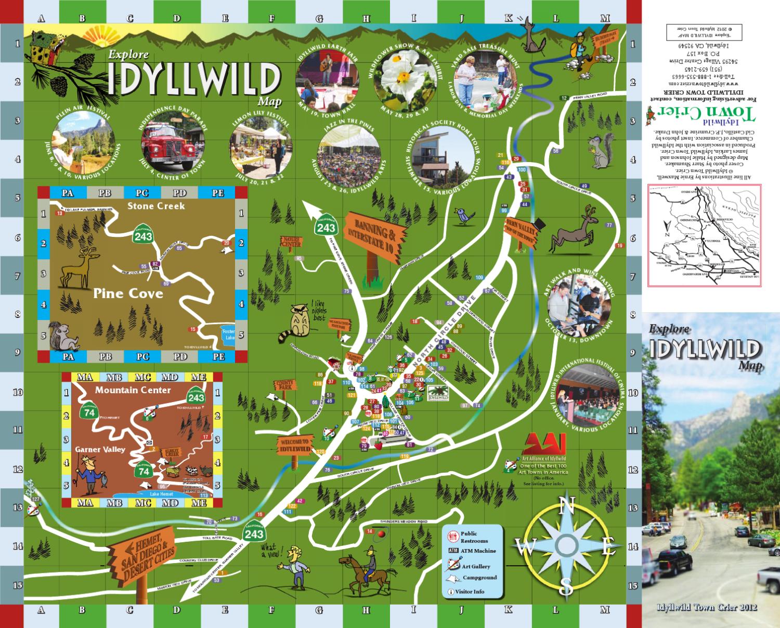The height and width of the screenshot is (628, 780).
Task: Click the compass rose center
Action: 567,545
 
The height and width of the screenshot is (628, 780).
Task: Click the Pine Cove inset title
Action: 128,294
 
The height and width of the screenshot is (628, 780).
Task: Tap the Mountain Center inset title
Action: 133,390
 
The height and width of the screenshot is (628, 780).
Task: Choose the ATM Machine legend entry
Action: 471,551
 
